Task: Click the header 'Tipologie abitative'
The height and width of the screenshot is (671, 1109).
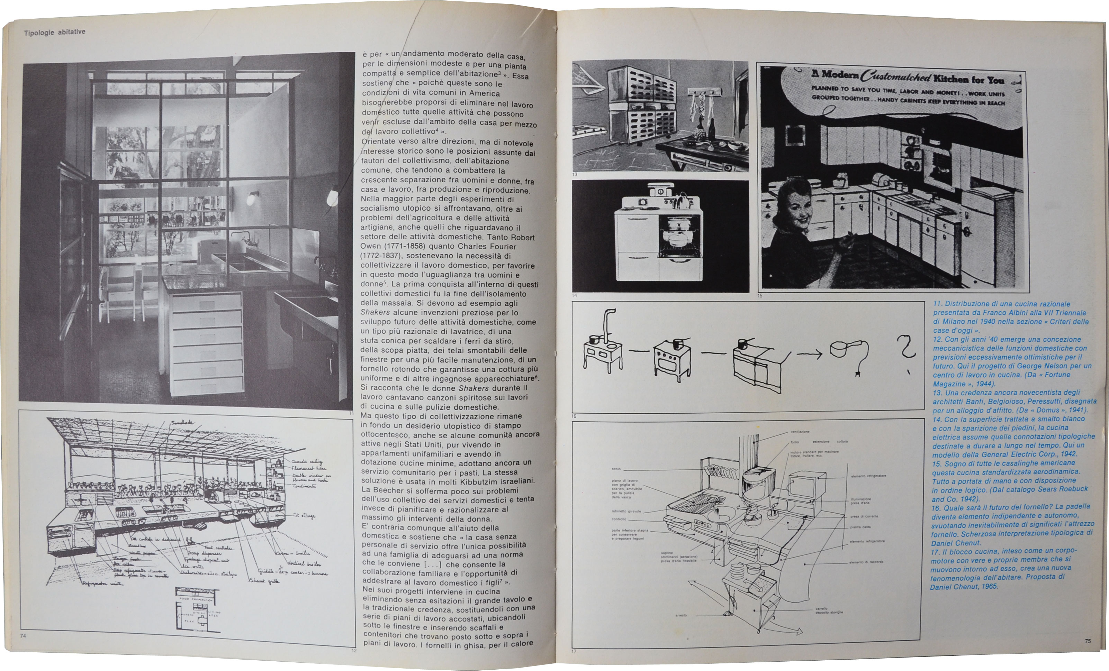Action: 54,32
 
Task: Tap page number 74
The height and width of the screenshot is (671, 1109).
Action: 23,635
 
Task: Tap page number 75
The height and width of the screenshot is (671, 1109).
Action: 1088,641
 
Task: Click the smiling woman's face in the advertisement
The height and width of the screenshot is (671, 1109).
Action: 797,209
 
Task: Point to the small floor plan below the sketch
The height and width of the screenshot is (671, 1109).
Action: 198,609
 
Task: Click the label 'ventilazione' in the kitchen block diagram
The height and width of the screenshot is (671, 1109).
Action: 800,432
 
